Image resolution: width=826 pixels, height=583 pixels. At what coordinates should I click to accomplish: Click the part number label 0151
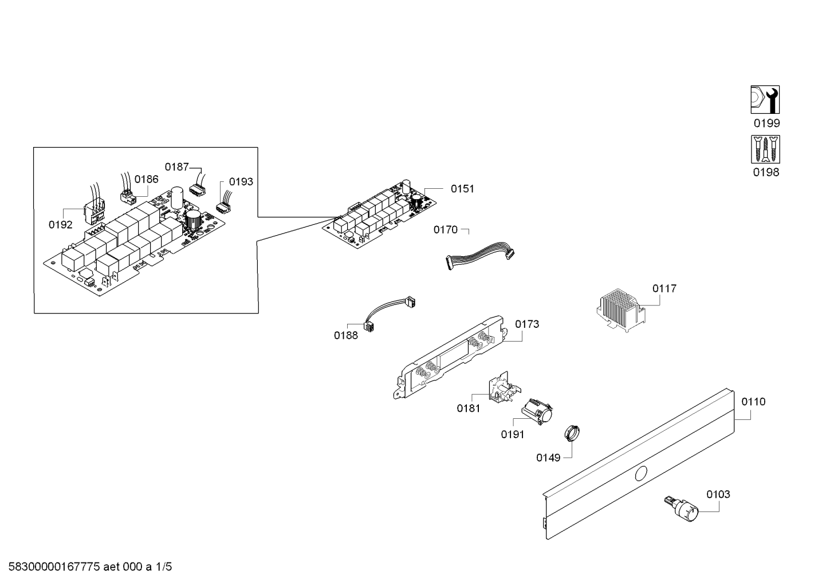[462, 189]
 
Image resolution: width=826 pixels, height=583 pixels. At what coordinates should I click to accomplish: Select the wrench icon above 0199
[765, 100]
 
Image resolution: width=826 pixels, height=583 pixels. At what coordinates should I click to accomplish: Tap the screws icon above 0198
[765, 149]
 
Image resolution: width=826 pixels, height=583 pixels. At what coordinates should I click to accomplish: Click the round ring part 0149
[572, 432]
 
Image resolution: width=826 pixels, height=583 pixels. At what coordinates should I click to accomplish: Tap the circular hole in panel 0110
[641, 474]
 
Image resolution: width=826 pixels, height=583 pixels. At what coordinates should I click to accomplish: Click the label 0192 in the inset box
[61, 225]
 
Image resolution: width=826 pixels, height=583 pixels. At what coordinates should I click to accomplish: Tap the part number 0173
[526, 324]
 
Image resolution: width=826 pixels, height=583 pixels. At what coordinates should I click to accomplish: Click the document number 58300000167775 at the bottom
[54, 567]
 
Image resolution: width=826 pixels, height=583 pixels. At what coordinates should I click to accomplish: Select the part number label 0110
[753, 402]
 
